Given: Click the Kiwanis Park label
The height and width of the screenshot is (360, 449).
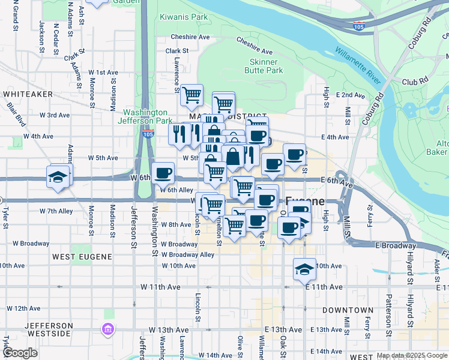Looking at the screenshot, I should [x=184, y=17].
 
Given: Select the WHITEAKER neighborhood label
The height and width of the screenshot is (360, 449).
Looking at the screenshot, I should [x=27, y=94].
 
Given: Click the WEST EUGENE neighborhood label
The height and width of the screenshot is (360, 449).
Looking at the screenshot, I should [x=82, y=257].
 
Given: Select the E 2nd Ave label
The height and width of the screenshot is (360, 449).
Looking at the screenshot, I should [x=351, y=95].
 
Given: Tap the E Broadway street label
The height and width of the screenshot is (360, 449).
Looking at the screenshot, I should [x=396, y=246].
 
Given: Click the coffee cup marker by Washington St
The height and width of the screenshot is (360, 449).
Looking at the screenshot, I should [x=163, y=174].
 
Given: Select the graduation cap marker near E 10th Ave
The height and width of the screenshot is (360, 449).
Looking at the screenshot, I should [x=304, y=268].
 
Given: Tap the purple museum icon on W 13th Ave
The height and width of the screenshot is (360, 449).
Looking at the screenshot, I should [x=108, y=329].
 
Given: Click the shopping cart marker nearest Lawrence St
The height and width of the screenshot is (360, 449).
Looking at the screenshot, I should [x=191, y=94].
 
